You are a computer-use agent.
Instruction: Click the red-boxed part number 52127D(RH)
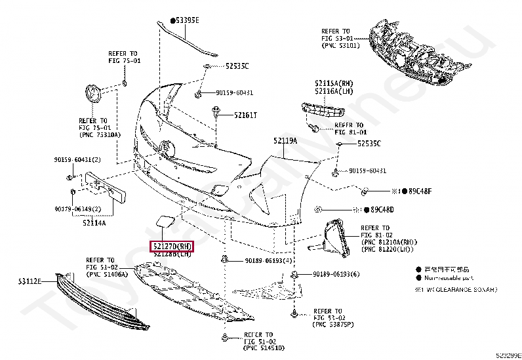coord(172,247)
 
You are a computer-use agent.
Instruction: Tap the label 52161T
coord(228,115)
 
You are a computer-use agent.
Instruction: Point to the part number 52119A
coord(285,141)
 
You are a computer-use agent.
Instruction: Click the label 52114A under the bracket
coord(94,223)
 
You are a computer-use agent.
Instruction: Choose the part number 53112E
coord(30,281)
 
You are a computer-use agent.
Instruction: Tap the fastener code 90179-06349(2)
coord(77,209)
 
